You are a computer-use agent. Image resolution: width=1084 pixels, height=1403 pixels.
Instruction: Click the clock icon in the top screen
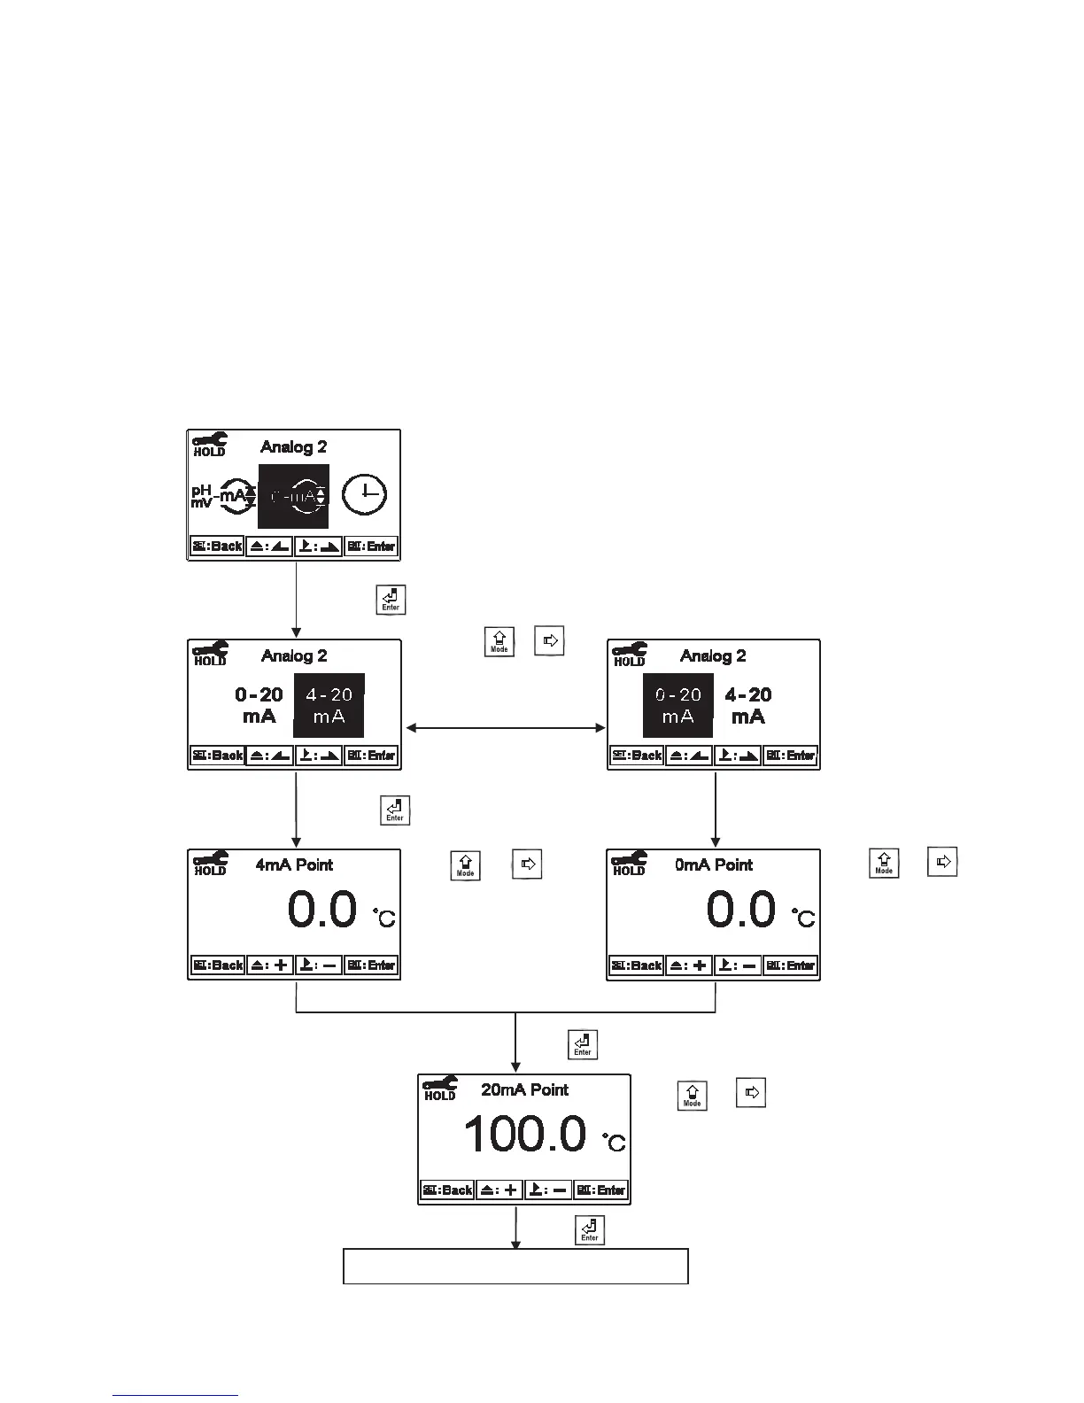pos(364,495)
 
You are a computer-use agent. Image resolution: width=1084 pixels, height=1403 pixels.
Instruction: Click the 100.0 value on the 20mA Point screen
pos(524,1135)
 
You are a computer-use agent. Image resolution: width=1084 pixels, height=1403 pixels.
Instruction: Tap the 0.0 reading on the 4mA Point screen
pos(322,911)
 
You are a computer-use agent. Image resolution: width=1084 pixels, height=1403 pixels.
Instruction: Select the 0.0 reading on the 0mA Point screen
pos(741,911)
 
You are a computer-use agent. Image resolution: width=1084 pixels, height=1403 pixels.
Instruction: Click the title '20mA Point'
pos(524,1090)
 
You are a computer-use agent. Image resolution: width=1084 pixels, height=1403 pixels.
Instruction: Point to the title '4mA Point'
pos(294,865)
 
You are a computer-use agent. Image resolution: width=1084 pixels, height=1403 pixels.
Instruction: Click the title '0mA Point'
pos(713,865)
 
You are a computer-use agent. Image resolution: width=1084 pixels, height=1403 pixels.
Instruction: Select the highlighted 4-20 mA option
pos(329,706)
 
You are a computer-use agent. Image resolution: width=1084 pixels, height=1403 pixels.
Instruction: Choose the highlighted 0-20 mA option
pos(677,706)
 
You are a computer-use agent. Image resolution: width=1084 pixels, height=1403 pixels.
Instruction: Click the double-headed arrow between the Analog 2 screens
pos(505,728)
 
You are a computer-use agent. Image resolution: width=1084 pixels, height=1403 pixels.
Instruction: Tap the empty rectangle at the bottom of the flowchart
pos(515,1266)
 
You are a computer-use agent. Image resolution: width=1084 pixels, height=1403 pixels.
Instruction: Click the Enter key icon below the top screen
pos(391,600)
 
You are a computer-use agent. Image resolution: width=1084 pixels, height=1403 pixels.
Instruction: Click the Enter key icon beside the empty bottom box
pos(590,1230)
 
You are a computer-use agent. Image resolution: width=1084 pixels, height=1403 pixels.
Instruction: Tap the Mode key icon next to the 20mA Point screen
pos(693,1095)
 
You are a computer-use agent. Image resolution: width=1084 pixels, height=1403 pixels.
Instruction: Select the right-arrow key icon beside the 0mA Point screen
pos(943,862)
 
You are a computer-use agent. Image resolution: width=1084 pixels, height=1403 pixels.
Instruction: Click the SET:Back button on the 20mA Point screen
pos(448,1190)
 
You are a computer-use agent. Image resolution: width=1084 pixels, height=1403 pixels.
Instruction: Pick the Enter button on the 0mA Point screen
pos(791,965)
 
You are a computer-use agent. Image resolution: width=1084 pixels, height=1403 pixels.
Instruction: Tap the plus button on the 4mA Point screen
pos(270,965)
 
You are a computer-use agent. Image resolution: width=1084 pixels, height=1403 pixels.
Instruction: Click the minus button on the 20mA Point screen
pos(548,1190)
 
